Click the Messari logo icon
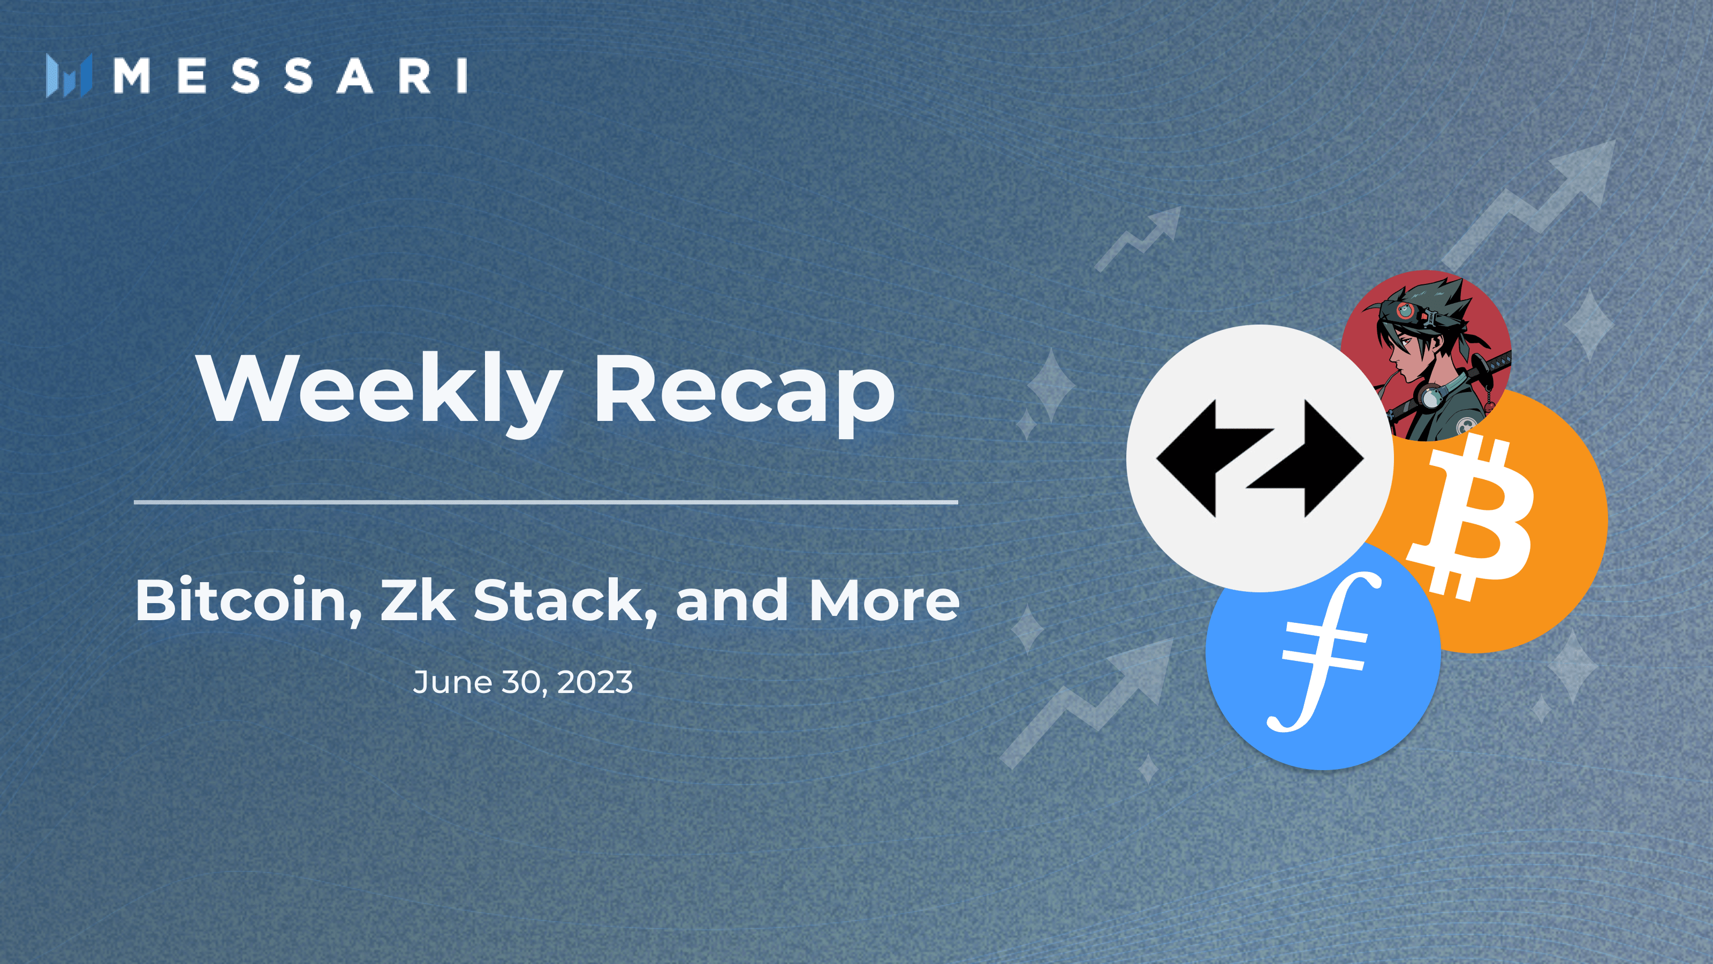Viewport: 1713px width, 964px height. coord(69,76)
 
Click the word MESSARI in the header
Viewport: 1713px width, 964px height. coord(291,75)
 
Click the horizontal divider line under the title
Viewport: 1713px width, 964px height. coord(546,502)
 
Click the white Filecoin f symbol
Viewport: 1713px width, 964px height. coord(1323,652)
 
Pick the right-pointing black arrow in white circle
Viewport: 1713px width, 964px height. coord(1305,458)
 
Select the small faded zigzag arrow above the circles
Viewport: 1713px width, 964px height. coord(1138,239)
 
